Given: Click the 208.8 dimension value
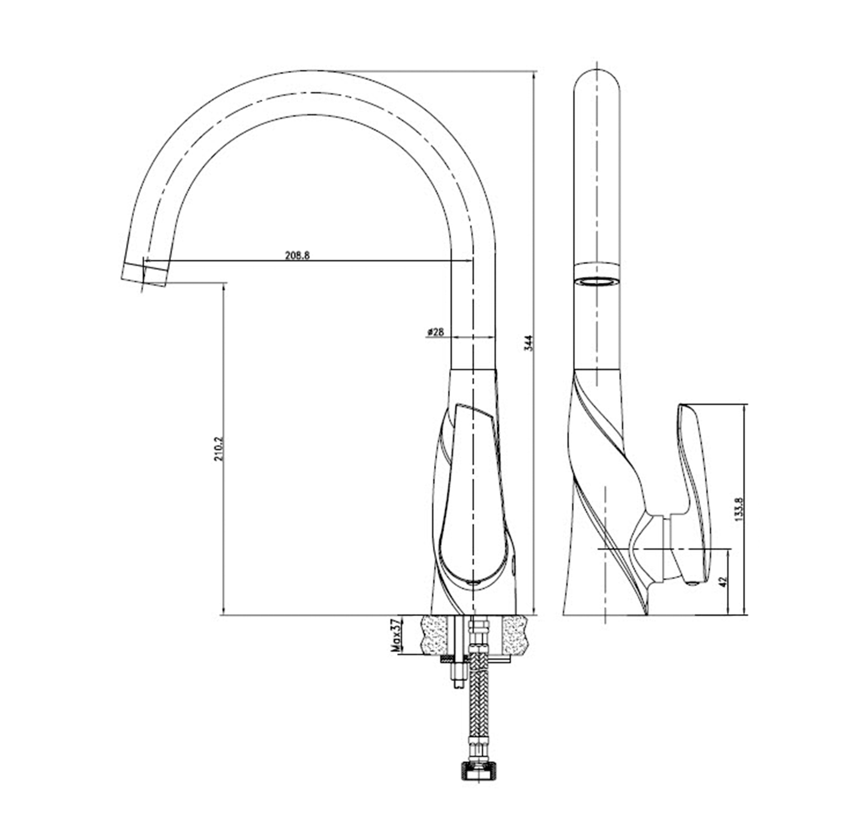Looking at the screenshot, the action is pyautogui.click(x=297, y=255).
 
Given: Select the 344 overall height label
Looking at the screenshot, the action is pyautogui.click(x=530, y=343).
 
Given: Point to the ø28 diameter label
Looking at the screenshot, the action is pyautogui.click(x=435, y=332).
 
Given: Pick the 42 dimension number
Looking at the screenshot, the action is pyautogui.click(x=723, y=581).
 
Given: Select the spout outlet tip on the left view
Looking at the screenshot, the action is pyautogui.click(x=144, y=275).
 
